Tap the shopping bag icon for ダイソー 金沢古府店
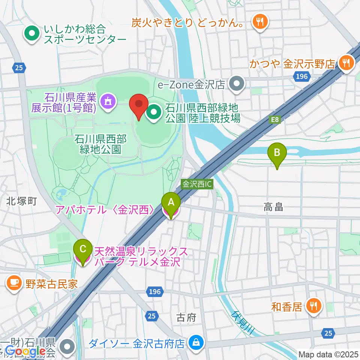[195, 343]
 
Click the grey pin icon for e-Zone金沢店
[237, 84]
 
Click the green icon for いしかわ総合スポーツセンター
[32, 34]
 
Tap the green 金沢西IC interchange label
[197, 184]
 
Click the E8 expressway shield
[275, 119]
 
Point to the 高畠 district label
[273, 207]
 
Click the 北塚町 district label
[21, 201]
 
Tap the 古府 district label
[186, 318]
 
